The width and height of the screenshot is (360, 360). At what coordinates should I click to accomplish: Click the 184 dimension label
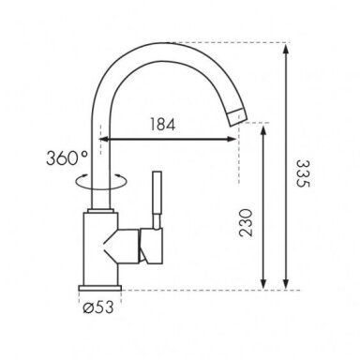tap(162, 125)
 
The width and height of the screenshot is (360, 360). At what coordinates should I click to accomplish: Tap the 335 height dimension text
tap(303, 173)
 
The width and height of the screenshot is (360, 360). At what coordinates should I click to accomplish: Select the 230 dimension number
tap(246, 222)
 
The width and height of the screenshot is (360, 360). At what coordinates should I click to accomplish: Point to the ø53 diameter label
tap(98, 307)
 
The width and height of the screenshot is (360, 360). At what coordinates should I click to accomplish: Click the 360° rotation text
tap(67, 157)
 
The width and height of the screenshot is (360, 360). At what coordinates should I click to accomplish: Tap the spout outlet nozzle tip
tap(237, 118)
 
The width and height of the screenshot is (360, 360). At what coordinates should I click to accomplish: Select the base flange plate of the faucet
tap(100, 288)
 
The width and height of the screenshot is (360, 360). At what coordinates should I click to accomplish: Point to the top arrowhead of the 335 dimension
tap(285, 49)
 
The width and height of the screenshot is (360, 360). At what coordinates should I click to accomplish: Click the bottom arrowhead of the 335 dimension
tap(285, 284)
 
